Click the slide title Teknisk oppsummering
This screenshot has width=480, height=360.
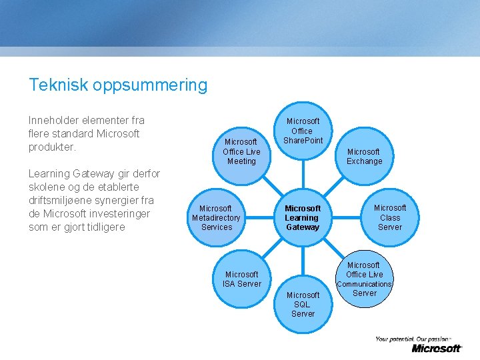118,85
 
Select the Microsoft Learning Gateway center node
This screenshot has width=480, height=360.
303,218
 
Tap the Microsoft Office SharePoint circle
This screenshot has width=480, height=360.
303,131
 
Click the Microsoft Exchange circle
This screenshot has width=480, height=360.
364,157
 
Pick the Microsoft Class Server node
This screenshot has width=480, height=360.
390,217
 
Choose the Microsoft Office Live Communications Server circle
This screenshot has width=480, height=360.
364,279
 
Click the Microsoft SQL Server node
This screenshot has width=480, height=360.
303,304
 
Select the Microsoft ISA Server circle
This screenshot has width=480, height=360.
241,279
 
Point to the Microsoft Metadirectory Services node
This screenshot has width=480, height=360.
216,218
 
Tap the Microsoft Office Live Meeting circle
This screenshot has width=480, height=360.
241,151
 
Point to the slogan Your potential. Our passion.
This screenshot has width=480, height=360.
413,339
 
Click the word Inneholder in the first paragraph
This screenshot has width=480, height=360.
54,121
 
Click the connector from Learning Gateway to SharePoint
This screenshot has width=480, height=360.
303,175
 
